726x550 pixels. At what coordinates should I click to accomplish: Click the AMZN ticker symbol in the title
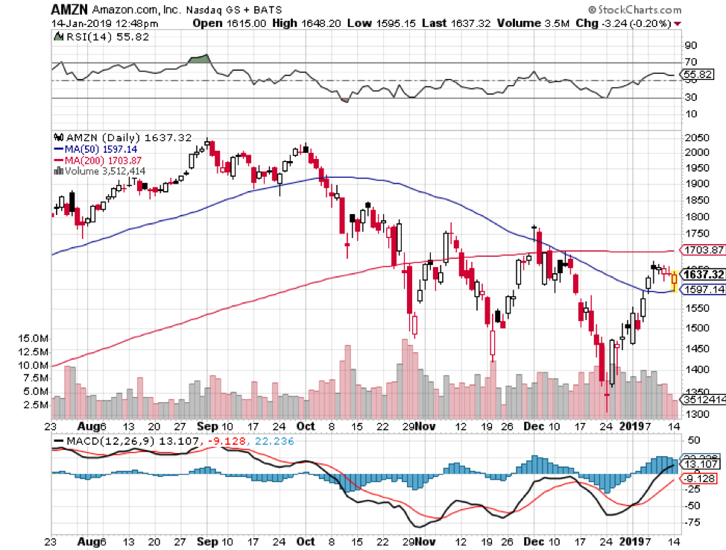pos(71,10)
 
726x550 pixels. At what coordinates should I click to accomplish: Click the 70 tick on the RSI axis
pos(692,62)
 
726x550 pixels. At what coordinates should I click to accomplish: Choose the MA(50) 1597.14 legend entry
pos(95,149)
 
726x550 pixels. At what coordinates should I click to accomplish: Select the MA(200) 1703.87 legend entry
pos(98,160)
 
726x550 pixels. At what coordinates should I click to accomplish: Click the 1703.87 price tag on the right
pos(703,250)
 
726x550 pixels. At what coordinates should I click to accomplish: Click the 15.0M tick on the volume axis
pos(29,338)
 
